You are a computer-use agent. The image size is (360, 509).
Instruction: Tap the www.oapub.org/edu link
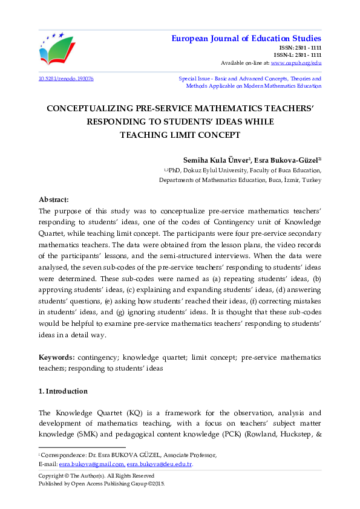pos(296,63)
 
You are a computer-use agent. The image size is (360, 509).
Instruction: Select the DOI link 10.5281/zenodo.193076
pos(66,79)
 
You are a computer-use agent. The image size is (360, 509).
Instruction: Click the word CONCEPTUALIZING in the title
pos(86,109)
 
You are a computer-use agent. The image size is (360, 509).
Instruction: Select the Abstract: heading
pos(54,199)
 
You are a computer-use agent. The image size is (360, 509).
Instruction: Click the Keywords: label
pos(58,358)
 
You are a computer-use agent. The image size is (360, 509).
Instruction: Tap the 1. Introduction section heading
pos(63,391)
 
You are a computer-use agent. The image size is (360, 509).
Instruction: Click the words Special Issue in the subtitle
pos(194,79)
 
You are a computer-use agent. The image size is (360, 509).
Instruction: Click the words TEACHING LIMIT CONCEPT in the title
pos(180,135)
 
